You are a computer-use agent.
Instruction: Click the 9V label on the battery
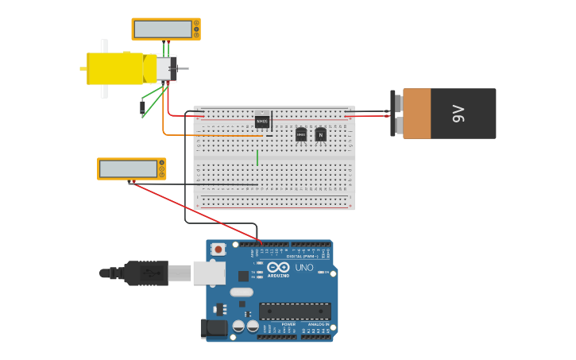click(458, 114)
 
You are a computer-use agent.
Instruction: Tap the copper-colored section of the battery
click(416, 114)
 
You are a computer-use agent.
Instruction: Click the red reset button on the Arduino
click(218, 249)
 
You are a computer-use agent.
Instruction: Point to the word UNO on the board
click(304, 267)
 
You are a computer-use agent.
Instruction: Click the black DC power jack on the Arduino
click(213, 327)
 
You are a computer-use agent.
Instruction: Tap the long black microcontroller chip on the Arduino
click(295, 311)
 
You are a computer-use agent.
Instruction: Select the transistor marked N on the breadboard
click(320, 134)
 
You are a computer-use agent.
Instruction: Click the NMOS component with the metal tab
click(262, 121)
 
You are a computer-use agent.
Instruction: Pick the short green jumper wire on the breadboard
click(257, 157)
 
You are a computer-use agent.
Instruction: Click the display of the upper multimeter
click(163, 29)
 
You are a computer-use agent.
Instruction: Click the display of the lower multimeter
click(129, 168)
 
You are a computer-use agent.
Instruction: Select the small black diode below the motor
click(143, 106)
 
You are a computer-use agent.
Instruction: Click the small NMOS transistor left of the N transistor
click(301, 134)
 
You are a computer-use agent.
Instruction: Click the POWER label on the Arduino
click(288, 324)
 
